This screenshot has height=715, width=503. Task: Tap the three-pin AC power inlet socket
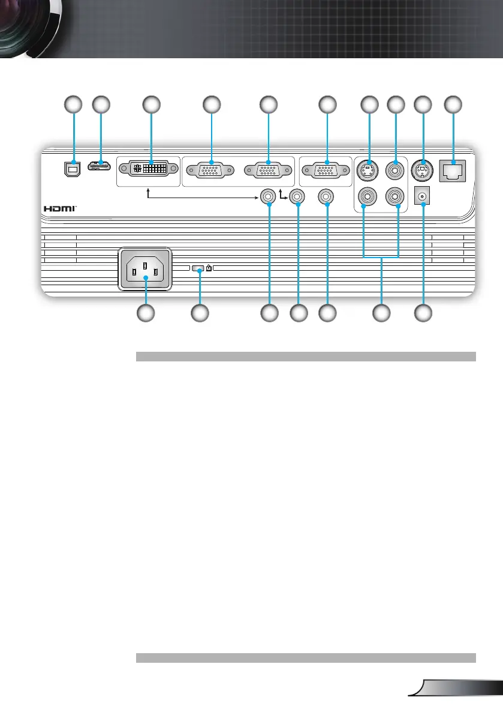tap(145, 270)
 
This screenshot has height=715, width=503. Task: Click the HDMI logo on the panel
tap(60, 208)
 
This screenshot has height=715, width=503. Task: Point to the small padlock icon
tap(209, 270)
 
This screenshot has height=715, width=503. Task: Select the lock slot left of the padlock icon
tap(198, 270)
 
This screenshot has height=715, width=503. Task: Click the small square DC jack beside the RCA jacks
tap(424, 196)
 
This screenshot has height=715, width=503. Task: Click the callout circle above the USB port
tap(73, 104)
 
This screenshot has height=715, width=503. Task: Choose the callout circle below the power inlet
tap(145, 313)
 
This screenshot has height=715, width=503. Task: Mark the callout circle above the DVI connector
tap(151, 104)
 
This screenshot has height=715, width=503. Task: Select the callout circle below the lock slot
tap(200, 313)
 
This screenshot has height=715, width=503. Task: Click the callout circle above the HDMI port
tap(101, 104)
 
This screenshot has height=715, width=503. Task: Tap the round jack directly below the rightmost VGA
tap(327, 196)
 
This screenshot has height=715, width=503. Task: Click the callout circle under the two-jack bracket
tap(381, 313)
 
